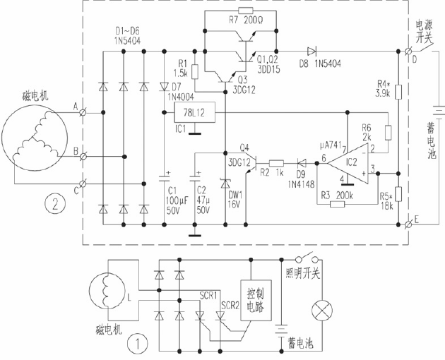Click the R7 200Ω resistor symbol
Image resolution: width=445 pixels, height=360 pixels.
(245, 11)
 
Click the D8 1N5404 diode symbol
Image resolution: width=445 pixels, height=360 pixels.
(311, 51)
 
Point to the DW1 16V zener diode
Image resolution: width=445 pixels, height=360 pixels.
(225, 185)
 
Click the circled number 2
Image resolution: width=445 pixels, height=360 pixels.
(51, 205)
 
